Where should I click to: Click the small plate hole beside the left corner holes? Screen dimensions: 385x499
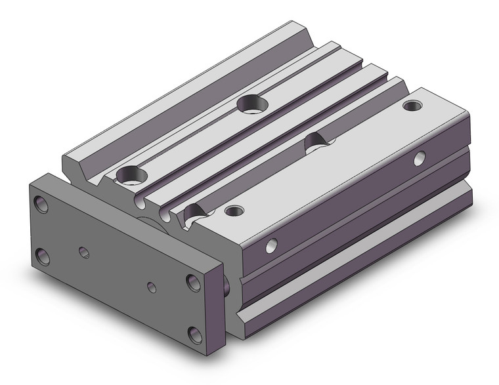click(x=83, y=251)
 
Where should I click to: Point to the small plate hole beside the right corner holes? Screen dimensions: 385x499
click(x=152, y=287)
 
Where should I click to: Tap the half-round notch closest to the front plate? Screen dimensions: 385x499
click(x=194, y=213)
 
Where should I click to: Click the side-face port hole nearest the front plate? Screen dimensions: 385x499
click(x=270, y=246)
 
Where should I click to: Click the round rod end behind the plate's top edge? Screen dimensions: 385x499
click(x=142, y=220)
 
